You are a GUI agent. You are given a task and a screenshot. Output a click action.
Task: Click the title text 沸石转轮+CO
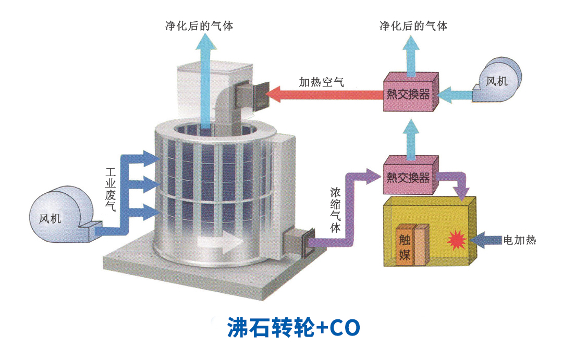293,328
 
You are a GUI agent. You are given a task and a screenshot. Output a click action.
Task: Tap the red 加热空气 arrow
323,94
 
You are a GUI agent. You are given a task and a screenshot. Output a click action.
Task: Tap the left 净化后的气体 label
199,26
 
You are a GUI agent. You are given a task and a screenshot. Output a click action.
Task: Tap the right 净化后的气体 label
413,26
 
